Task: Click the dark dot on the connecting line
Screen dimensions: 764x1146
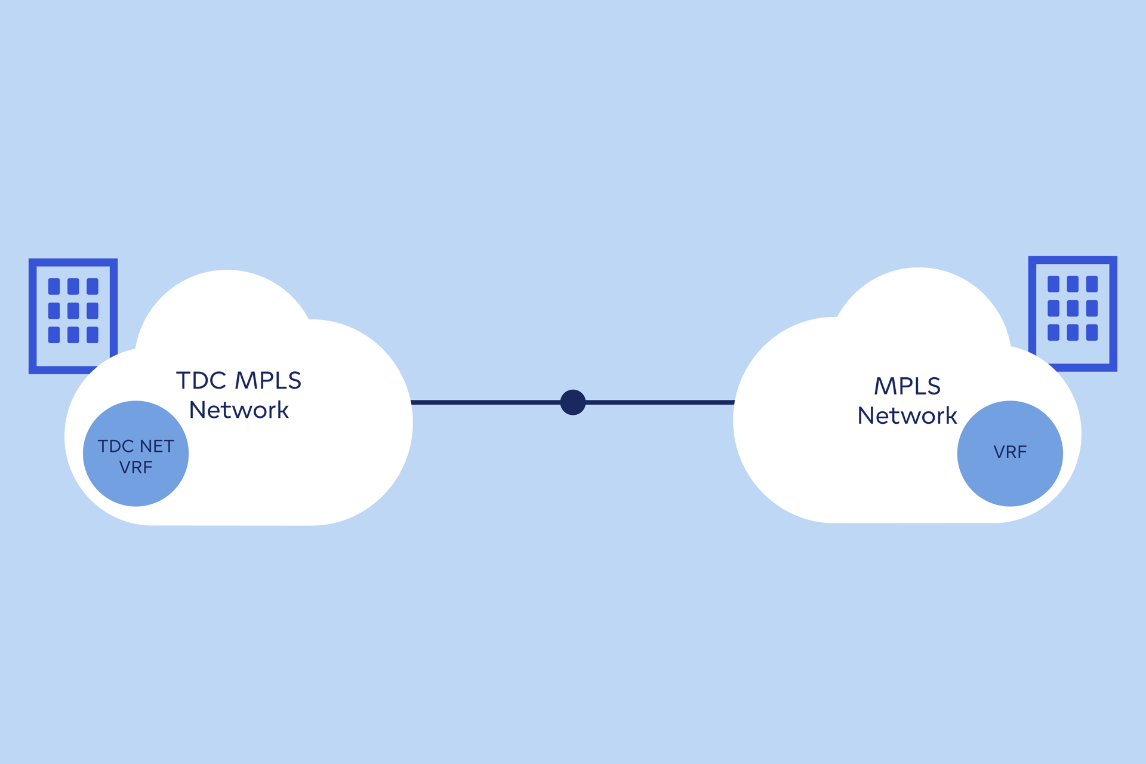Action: pos(573,402)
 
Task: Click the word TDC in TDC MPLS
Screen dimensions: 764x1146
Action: pos(201,381)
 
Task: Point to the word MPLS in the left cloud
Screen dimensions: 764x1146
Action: pos(268,381)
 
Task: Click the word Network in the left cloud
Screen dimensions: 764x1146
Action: pos(239,410)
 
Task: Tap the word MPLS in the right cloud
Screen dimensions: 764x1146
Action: pos(907,387)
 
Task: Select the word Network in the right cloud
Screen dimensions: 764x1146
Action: pos(907,415)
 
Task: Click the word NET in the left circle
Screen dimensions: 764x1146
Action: pos(157,446)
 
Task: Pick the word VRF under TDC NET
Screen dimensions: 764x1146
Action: pos(136,467)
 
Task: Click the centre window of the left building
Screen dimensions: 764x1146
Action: pos(73,310)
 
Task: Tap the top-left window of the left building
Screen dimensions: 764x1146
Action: pos(54,286)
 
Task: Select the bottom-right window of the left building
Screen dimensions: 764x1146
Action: pos(93,335)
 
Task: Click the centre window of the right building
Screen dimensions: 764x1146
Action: pos(1073,308)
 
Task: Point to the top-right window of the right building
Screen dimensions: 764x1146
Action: pos(1092,284)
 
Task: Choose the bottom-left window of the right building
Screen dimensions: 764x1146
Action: pos(1053,332)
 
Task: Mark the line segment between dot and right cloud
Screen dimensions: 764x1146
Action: pos(660,402)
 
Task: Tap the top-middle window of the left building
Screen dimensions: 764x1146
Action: pos(73,286)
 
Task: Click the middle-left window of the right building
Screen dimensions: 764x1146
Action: pos(1053,308)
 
